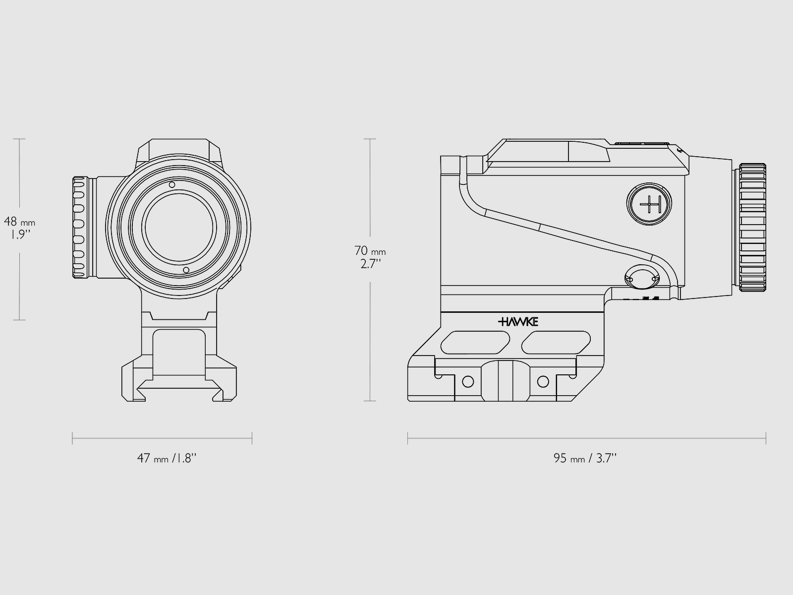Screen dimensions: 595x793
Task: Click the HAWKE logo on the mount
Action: [x=518, y=322]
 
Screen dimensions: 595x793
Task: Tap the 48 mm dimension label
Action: [x=19, y=222]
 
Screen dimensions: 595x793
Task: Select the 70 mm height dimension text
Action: [x=370, y=252]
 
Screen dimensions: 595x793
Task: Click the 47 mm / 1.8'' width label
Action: [x=167, y=458]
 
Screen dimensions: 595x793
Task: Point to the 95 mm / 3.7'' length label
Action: [x=585, y=458]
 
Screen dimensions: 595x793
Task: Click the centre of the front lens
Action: [x=179, y=227]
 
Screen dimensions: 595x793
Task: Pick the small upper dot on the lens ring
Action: [x=172, y=185]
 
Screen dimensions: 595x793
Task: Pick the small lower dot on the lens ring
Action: [x=186, y=270]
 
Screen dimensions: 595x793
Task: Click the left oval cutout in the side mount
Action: [x=475, y=343]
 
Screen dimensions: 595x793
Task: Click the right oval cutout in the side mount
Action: [x=556, y=343]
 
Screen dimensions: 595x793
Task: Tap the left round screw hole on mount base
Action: [x=467, y=381]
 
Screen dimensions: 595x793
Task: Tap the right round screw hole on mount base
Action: [x=543, y=381]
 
